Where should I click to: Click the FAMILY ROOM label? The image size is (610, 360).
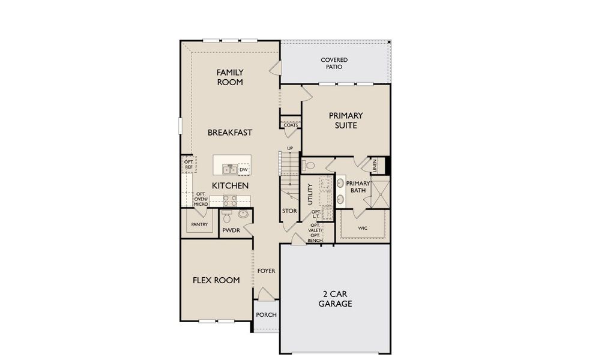tap(230, 77)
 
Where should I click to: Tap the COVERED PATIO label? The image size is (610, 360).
tap(334, 64)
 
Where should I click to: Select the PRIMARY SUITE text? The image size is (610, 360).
tap(346, 121)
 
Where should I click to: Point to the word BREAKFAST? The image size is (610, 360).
tap(230, 133)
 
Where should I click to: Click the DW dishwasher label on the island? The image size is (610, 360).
tap(244, 170)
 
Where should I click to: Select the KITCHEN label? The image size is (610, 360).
tap(230, 186)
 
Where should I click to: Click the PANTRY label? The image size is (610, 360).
tap(199, 225)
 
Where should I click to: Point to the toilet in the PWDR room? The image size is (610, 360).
tap(227, 215)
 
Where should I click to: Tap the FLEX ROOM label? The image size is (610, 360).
tap(216, 280)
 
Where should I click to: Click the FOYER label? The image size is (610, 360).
tap(266, 271)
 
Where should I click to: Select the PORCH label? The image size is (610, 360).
tap(266, 315)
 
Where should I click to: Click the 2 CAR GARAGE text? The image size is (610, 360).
tap(335, 299)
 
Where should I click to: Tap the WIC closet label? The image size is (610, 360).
tap(362, 228)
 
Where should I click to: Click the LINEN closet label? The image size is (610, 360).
tap(374, 166)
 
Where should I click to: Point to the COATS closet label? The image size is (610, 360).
tap(291, 125)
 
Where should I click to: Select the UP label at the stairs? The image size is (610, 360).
tap(290, 148)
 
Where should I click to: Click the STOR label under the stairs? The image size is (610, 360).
tap(289, 211)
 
